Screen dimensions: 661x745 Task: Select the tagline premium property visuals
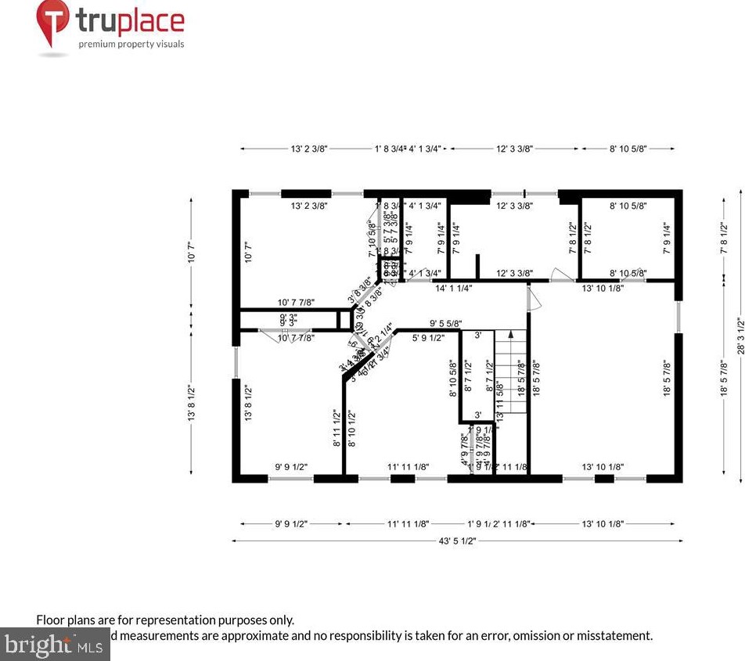point(131,44)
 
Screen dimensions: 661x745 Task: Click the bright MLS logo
point(54,645)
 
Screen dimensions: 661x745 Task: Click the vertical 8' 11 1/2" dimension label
point(337,428)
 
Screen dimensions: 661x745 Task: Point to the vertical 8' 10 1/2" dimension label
point(352,428)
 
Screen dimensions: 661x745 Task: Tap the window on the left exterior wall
point(235,363)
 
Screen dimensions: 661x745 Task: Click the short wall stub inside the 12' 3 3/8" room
point(476,266)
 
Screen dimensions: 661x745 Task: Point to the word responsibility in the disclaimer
point(350,635)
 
